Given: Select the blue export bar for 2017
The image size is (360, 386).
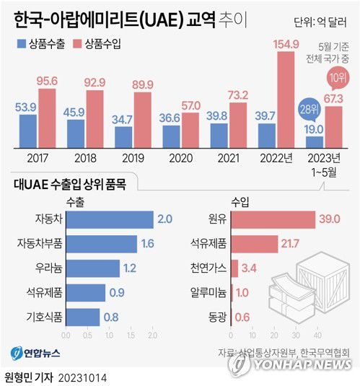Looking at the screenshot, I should pos(28,130).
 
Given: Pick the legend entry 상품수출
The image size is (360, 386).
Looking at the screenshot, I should pos(42,44).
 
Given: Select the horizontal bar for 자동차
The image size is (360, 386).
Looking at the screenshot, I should pos(109,220).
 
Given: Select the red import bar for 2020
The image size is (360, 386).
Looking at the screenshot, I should pos(190,123).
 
